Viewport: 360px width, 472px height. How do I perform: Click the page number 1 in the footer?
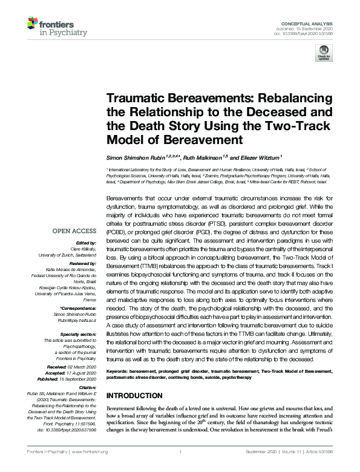180,451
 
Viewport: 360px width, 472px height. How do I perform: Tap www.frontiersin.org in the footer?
90,451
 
